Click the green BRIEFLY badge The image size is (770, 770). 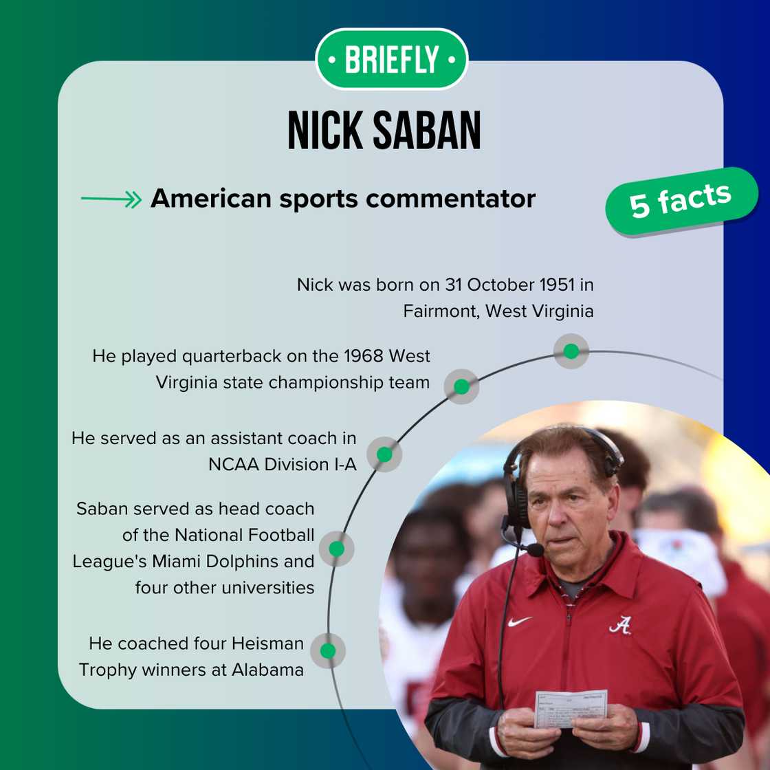(391, 59)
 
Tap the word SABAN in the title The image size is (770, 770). (427, 130)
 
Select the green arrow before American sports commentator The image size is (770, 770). (111, 199)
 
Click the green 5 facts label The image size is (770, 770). (681, 201)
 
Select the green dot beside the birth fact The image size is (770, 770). (571, 351)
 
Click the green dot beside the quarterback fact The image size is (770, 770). (461, 386)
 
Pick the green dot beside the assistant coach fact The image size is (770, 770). (384, 454)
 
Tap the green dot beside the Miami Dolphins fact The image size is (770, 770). (336, 549)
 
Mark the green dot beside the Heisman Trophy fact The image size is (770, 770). (327, 650)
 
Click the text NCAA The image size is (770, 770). (234, 465)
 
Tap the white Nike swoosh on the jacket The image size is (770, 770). (519, 621)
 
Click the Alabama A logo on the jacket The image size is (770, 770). (620, 625)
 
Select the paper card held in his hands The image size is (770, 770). (571, 708)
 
